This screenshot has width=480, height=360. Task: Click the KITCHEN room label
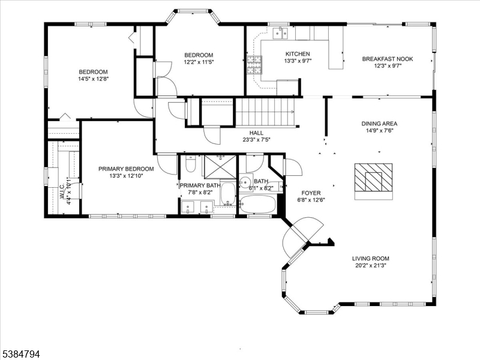pos(297,53)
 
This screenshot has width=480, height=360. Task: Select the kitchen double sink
pos(278,32)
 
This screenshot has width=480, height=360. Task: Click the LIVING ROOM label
pos(371,259)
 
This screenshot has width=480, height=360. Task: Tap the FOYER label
pos(311,193)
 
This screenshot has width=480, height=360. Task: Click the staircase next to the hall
pos(265,112)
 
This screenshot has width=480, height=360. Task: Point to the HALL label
pos(256,133)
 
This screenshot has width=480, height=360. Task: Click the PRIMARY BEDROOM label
pos(126,169)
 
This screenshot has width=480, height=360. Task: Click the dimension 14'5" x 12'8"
pos(93,79)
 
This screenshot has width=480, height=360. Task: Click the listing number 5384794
pos(21,355)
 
